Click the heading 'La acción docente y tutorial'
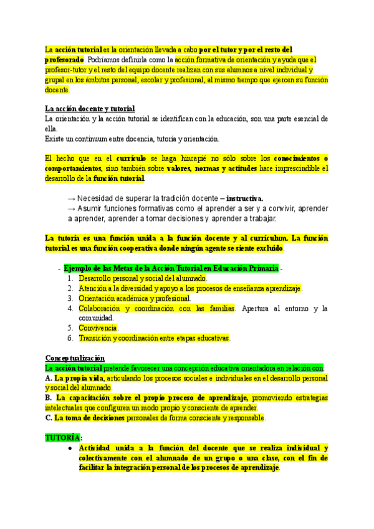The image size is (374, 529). pos(90,109)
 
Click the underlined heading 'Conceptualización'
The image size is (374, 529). pos(74,358)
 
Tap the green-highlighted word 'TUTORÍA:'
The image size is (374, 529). pos(63,438)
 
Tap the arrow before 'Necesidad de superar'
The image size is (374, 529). pos(71,198)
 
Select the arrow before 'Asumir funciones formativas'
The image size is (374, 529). pos(71,208)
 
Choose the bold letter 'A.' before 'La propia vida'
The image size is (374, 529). pos(49,378)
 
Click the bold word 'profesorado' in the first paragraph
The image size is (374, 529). pos(64,59)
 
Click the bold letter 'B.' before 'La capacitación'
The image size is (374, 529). pos(49,398)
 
